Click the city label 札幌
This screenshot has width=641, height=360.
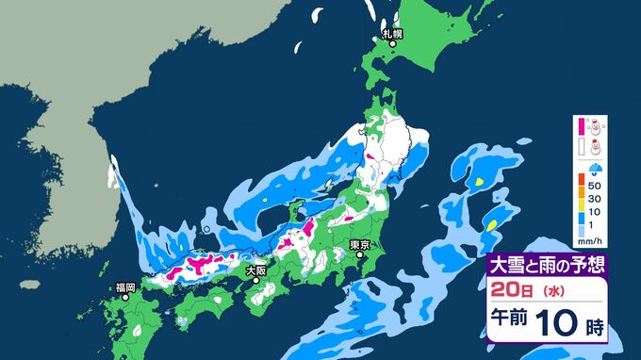click(391, 34)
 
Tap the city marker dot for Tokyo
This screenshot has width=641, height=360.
click(357, 254)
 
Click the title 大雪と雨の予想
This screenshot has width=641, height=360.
click(543, 265)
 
